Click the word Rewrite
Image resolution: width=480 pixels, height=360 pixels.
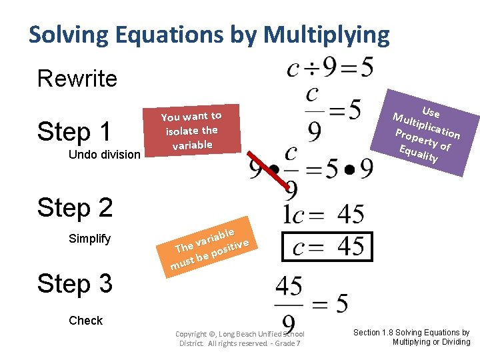pos(77,79)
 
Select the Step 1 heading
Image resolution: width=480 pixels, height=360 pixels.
pos(74,131)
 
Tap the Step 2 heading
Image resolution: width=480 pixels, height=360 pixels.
pos(75,208)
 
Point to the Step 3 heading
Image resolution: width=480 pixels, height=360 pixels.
pos(75,284)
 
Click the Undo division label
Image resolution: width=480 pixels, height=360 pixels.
pos(104,155)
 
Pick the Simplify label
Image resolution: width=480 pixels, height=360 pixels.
pos(89,239)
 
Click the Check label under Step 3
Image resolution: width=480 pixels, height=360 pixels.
pos(85,321)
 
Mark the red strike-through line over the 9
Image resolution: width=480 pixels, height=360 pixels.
pos(277,172)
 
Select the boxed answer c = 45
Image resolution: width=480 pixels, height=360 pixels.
pos(327,247)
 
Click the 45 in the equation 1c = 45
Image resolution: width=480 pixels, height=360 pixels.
pos(350,214)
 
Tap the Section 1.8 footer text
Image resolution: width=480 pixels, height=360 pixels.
pos(411,337)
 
